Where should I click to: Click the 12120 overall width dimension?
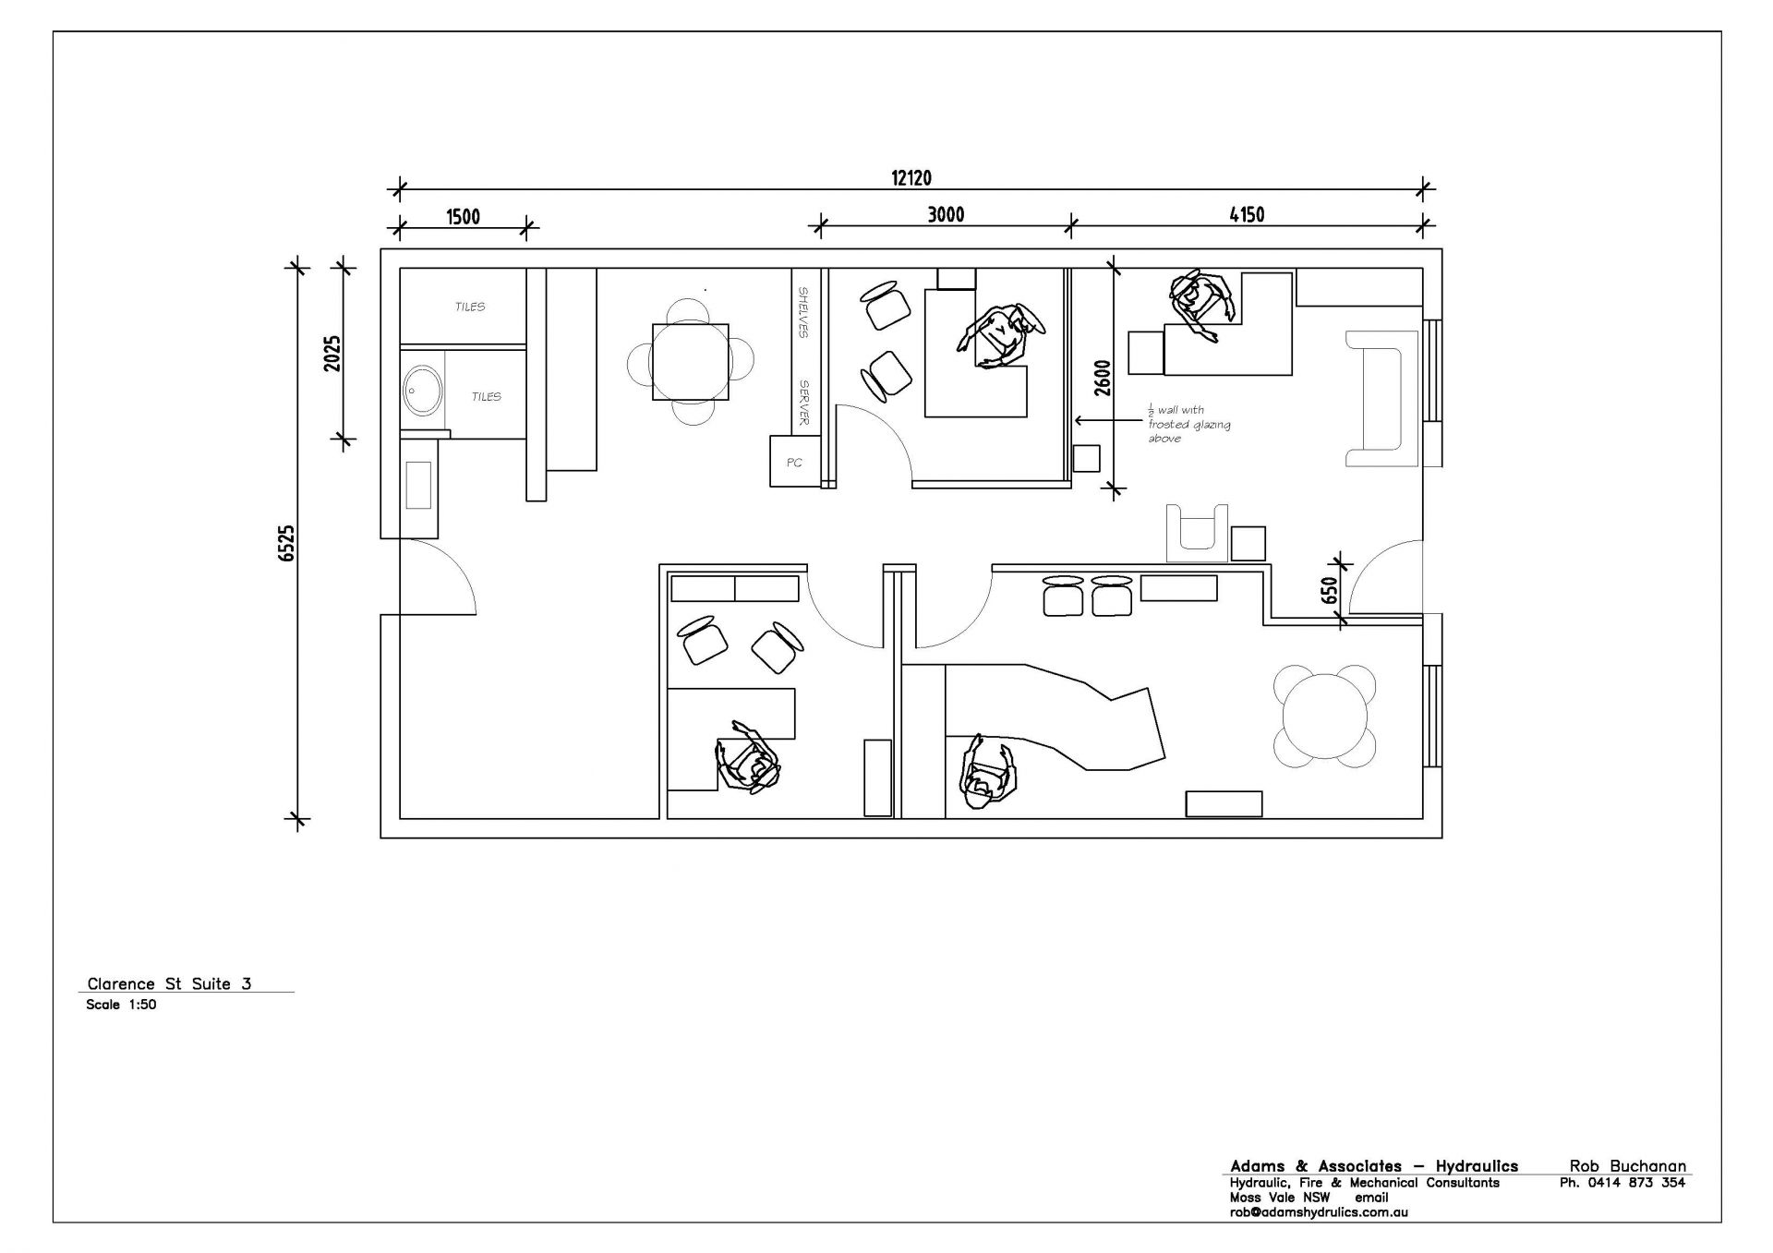(911, 178)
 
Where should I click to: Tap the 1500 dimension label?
(463, 217)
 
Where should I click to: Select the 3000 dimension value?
(946, 215)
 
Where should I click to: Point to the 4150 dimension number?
(1247, 215)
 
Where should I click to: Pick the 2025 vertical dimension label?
(332, 353)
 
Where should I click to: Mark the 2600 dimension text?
(1102, 378)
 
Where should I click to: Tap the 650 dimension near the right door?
(1330, 591)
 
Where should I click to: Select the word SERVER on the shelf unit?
(804, 403)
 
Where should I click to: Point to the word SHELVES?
(803, 312)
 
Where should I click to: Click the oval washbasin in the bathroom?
(422, 391)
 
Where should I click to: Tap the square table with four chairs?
(690, 361)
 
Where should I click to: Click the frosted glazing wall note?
(1189, 424)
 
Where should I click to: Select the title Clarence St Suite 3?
(169, 984)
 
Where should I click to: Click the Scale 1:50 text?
(121, 1005)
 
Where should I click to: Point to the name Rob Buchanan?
(1627, 1166)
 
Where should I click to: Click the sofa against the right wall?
(1381, 398)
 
